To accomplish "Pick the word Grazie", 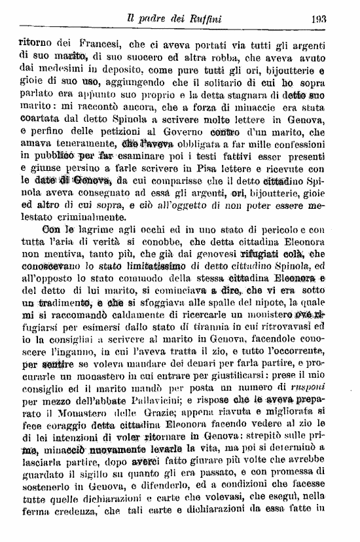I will tap(156, 420).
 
